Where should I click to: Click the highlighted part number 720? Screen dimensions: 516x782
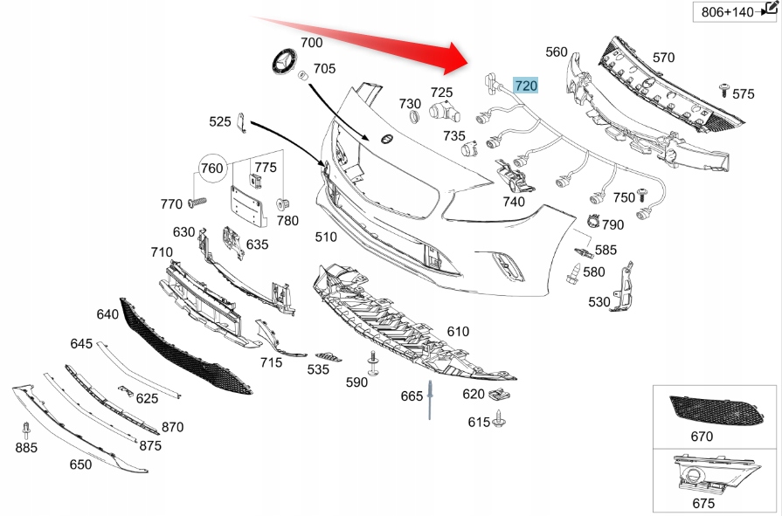tap(525, 85)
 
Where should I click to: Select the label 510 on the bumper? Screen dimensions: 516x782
tap(326, 237)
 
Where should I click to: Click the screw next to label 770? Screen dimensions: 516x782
tap(197, 203)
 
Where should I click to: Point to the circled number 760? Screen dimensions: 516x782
tap(212, 168)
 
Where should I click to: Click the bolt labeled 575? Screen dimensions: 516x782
tap(724, 87)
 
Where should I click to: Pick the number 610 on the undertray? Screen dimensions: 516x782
tap(458, 331)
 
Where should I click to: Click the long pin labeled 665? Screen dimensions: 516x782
tap(431, 400)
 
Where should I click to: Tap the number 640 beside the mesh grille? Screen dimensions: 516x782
tap(107, 313)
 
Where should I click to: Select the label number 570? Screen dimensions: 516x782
tap(664, 58)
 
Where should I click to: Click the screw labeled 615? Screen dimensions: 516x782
tap(502, 422)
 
